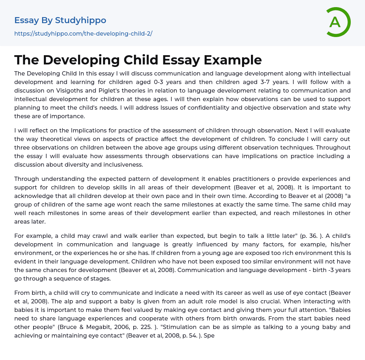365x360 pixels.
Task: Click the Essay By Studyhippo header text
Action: [60, 20]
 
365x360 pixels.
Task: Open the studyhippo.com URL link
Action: [83, 33]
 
